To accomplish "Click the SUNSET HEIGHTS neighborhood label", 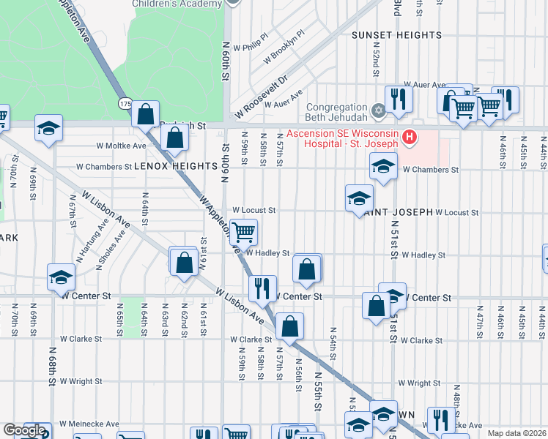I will click(396, 35).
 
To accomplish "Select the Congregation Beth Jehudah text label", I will click(336, 112).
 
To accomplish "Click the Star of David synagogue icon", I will click(378, 112).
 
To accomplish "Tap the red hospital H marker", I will click(410, 136).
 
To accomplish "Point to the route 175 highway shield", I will click(125, 104).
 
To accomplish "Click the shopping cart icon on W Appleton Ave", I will click(243, 232).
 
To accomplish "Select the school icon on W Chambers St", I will click(383, 166).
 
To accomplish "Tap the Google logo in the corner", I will click(24, 430).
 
